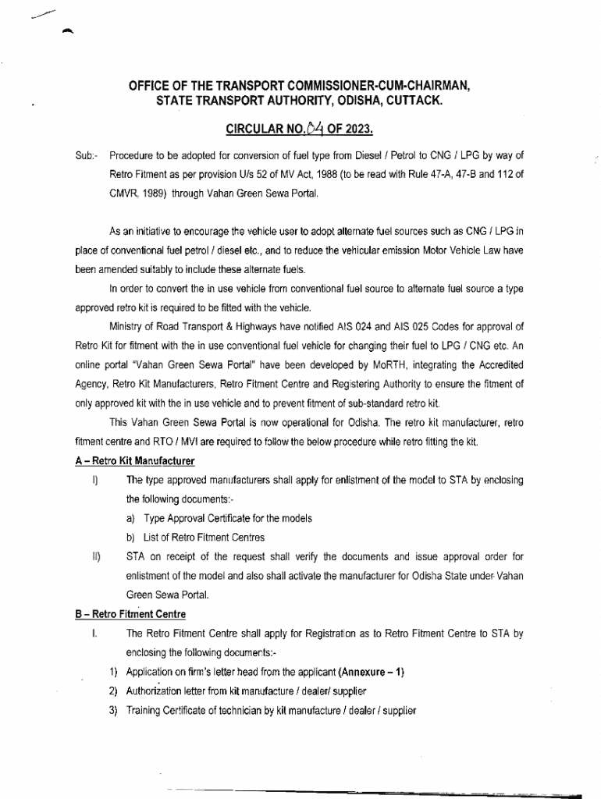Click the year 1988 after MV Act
click(329, 175)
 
